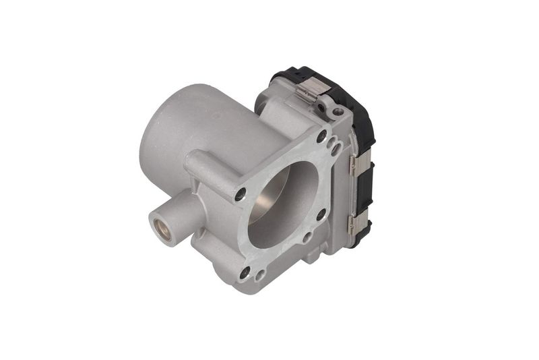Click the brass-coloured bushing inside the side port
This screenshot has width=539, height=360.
(x=161, y=226)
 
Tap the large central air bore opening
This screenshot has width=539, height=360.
(x=283, y=202)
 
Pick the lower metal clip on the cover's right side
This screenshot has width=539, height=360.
(x=354, y=224)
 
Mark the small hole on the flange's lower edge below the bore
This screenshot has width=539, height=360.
(x=306, y=237)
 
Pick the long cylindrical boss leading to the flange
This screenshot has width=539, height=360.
(x=209, y=172)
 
